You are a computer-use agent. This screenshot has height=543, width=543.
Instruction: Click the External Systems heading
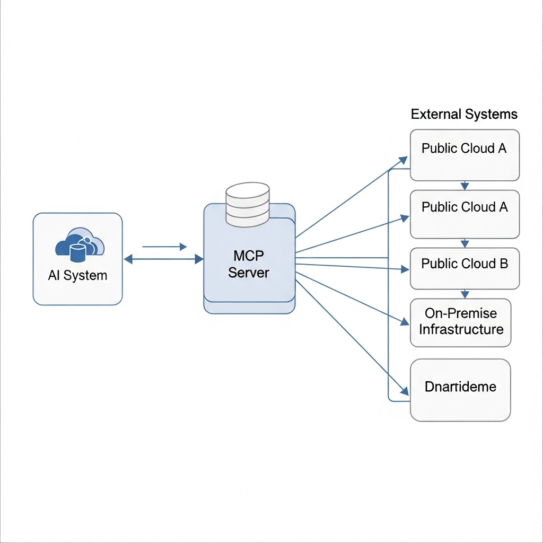click(464, 114)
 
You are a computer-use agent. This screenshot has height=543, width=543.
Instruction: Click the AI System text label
click(77, 275)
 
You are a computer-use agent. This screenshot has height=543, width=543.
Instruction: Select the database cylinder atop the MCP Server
click(248, 205)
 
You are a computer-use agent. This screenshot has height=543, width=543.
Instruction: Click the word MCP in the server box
click(249, 256)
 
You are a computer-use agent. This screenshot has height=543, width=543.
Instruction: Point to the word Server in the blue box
click(249, 273)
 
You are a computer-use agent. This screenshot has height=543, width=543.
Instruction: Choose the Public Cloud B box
click(465, 268)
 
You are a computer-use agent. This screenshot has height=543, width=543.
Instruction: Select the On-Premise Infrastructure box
click(461, 323)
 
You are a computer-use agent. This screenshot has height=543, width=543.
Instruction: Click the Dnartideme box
click(460, 390)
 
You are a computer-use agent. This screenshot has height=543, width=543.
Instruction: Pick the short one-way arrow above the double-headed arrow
click(164, 247)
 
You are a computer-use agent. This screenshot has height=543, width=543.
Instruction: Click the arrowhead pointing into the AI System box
click(128, 259)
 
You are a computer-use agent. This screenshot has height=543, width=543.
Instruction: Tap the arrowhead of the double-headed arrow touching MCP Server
click(199, 259)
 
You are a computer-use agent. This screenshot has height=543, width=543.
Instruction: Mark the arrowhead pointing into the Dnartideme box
click(405, 391)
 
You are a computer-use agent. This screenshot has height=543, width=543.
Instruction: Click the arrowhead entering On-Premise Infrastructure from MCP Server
click(405, 322)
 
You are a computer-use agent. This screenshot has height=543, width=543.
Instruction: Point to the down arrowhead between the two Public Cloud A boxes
click(465, 186)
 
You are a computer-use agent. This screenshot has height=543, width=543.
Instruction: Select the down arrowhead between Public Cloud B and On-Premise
click(465, 294)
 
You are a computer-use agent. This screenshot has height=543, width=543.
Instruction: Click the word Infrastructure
click(461, 329)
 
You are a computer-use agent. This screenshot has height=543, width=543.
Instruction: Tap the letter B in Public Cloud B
click(504, 264)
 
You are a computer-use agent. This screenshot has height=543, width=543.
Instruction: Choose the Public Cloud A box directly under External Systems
click(465, 155)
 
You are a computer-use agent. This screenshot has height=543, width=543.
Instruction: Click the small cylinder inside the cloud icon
click(77, 253)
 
